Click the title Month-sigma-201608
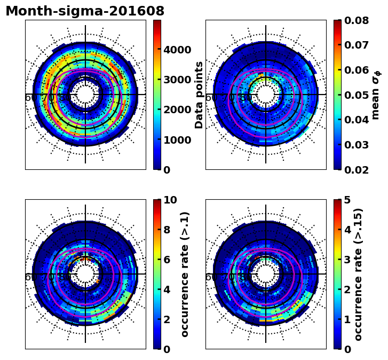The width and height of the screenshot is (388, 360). coord(85,11)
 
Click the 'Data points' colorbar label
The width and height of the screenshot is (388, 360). coord(200,95)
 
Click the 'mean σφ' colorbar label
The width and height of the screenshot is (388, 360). coord(376,95)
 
